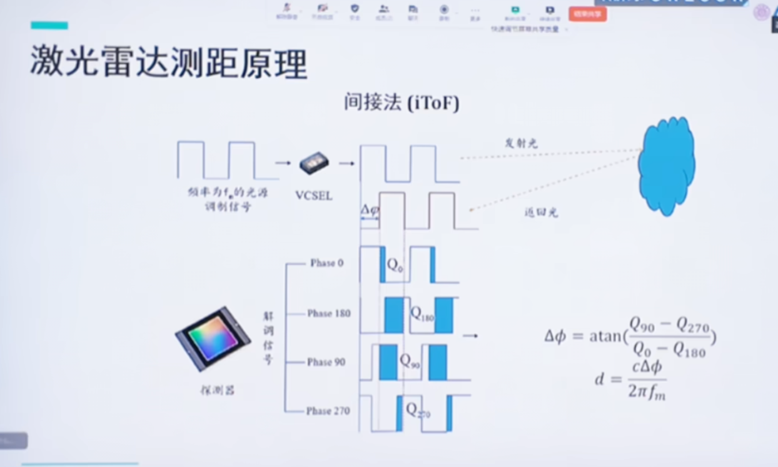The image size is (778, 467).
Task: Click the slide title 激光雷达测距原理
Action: pos(169,63)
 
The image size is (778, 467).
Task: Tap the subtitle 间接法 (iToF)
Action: pos(401,103)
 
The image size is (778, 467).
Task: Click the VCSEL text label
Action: pos(313,196)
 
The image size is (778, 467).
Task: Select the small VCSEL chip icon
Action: pos(314,163)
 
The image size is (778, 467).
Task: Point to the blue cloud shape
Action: pos(666,166)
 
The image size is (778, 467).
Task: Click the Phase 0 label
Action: pos(326,263)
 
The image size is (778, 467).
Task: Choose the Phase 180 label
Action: pos(328,313)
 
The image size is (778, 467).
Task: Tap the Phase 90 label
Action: pos(326,362)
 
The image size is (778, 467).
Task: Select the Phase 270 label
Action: pos(328,411)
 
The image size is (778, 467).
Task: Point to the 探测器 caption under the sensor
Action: pos(218,391)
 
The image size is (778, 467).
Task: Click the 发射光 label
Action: pos(521,143)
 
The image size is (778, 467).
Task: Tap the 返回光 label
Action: pos(540,213)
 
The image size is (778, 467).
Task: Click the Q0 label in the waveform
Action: pos(395,264)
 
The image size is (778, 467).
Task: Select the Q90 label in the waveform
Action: pos(410,361)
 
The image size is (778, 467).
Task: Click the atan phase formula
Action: pos(630,336)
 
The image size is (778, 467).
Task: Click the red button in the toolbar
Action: pos(587,13)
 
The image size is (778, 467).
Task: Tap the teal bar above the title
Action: pos(49,25)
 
